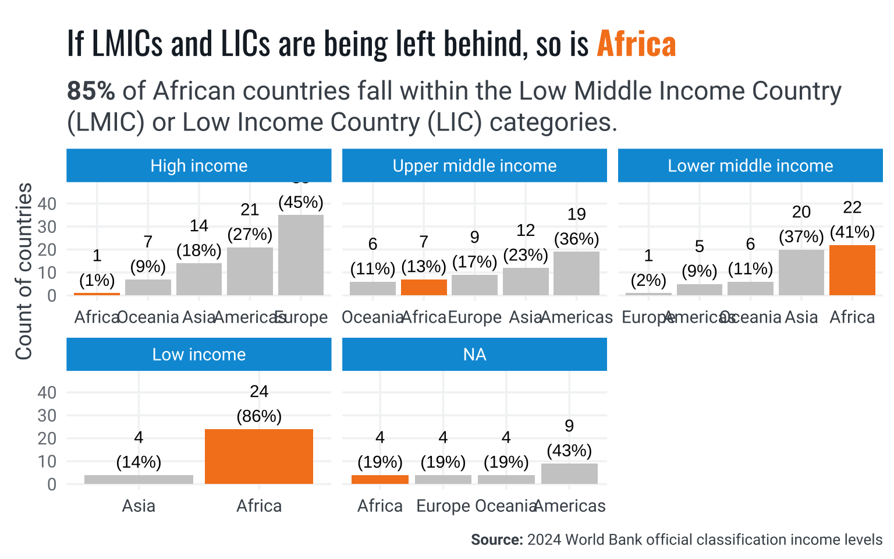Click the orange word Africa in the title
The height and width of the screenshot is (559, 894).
636,44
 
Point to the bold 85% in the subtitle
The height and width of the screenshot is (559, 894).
91,91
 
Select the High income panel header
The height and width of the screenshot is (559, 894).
198,166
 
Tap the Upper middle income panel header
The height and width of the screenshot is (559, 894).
474,166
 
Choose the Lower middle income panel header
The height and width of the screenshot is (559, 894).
750,166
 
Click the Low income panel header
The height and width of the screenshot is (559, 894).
198,355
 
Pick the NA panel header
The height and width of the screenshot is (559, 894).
474,355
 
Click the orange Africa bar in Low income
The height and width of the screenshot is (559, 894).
259,457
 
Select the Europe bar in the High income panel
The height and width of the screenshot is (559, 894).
301,255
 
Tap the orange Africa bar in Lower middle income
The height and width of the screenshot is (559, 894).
852,270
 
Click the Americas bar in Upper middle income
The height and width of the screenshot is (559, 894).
576,273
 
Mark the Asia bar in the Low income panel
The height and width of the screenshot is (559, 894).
139,479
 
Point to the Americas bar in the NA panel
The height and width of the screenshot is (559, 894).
569,473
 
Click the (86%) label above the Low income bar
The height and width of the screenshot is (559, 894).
259,416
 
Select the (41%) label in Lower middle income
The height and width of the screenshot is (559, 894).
852,232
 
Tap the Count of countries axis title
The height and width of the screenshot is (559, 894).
24,271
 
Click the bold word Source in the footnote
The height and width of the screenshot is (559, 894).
496,540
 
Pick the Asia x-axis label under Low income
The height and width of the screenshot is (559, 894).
139,506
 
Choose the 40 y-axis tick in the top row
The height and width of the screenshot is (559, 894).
47,204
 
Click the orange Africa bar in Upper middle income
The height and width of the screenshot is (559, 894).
424,287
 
